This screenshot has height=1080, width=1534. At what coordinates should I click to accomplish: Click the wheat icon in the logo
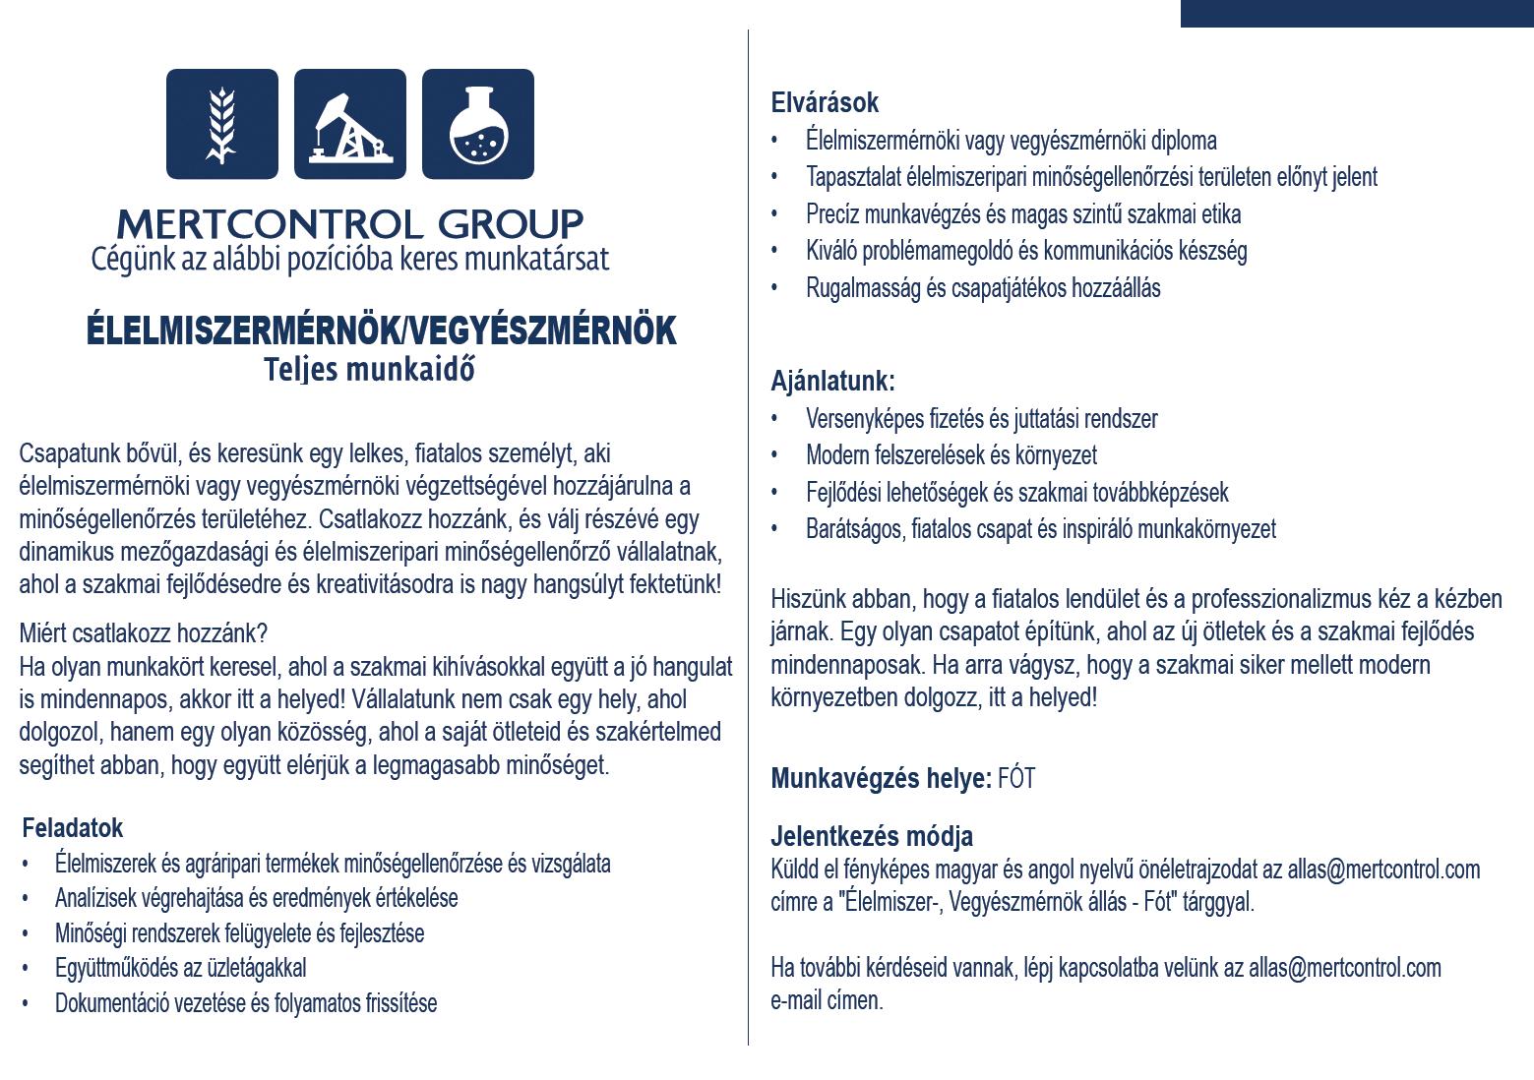221,124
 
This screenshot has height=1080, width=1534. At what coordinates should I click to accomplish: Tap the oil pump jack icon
349,124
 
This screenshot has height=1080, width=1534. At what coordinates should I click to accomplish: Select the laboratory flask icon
478,124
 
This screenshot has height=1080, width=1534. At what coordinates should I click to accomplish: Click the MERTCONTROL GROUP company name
349,223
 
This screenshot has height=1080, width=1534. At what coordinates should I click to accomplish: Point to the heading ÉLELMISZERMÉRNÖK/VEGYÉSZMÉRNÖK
382,331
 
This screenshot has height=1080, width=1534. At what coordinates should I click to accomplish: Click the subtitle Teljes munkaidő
369,370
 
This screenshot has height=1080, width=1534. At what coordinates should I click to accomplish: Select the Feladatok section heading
72,827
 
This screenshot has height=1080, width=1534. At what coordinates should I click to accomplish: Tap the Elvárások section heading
825,102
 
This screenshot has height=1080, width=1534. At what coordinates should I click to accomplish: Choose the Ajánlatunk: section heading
832,381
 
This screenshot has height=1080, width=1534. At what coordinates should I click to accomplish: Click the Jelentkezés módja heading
872,836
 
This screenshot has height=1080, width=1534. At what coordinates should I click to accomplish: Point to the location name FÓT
1016,779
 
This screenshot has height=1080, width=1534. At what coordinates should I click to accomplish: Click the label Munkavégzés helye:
881,779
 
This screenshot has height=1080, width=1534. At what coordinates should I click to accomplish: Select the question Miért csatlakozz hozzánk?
144,632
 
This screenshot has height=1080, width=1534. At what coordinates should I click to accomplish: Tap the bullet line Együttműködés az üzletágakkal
181,968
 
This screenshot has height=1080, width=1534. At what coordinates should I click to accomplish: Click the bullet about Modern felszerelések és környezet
951,455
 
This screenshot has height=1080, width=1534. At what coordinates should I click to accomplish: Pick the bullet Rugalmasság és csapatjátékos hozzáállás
983,288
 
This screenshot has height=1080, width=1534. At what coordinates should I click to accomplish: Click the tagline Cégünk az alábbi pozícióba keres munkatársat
350,259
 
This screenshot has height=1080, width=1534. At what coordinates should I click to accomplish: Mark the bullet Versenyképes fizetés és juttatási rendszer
981,419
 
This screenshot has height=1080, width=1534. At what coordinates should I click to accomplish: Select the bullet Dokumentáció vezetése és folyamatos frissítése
246,1003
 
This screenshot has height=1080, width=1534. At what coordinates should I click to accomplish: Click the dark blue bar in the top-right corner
1356,13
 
